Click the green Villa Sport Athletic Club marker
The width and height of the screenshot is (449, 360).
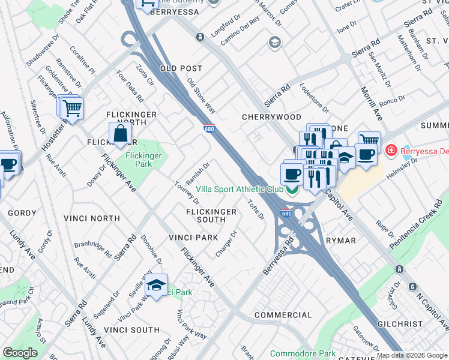[x=292, y=190]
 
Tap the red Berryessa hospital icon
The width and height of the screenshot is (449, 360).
[x=391, y=150]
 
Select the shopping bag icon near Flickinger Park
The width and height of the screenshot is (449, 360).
[x=120, y=134]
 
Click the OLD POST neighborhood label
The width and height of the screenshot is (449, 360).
[x=181, y=69]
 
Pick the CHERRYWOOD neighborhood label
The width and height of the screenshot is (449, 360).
[x=271, y=117]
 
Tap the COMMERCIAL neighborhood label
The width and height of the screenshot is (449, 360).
[x=283, y=315]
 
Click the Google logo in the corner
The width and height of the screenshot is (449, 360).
[x=20, y=353]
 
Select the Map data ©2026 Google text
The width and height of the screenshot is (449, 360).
[x=412, y=355]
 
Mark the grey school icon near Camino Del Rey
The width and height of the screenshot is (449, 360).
[x=275, y=41]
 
